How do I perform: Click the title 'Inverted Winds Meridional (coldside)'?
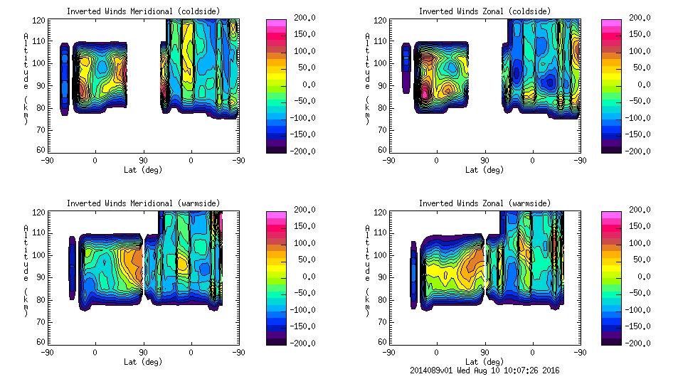(x=143, y=11)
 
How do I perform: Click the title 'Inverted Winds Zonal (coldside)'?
(x=485, y=11)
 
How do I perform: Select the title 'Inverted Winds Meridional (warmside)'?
(x=143, y=203)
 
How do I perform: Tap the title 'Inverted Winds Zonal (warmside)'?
(x=485, y=203)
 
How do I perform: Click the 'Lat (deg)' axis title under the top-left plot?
(x=142, y=170)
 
